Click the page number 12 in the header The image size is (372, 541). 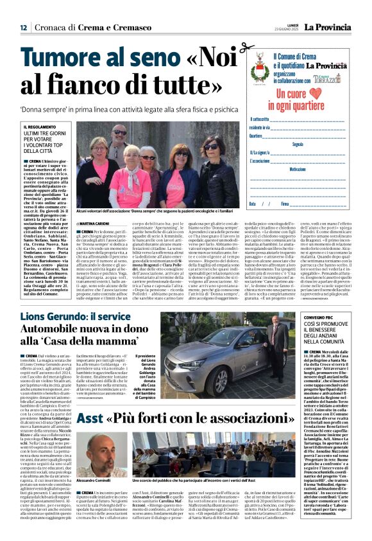coord(23,28)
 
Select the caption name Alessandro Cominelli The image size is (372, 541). coord(93,480)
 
